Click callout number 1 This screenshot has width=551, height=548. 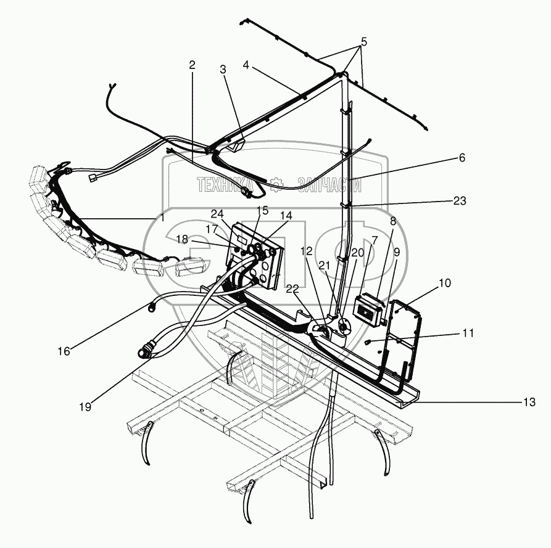click(x=162, y=218)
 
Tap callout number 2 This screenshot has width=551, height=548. click(x=193, y=65)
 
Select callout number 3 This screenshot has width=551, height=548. click(x=223, y=69)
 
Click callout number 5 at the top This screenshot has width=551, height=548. click(x=363, y=42)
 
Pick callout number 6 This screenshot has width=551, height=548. click(x=462, y=158)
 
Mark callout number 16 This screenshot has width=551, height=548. click(x=64, y=351)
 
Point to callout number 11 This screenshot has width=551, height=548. click(x=468, y=333)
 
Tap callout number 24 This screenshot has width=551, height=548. click(x=217, y=215)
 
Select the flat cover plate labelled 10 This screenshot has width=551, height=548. click(x=404, y=336)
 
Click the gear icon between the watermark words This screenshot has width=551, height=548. click(x=277, y=183)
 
